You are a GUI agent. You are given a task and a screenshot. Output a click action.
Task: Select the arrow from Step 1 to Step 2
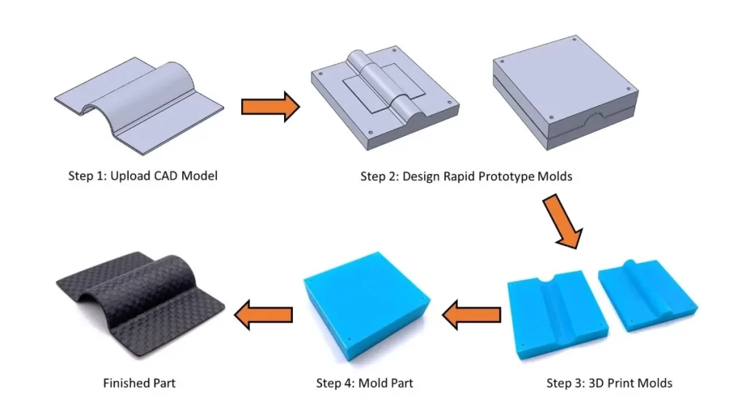[x=270, y=106]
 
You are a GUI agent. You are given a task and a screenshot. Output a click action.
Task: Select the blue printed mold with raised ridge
[x=646, y=298]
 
